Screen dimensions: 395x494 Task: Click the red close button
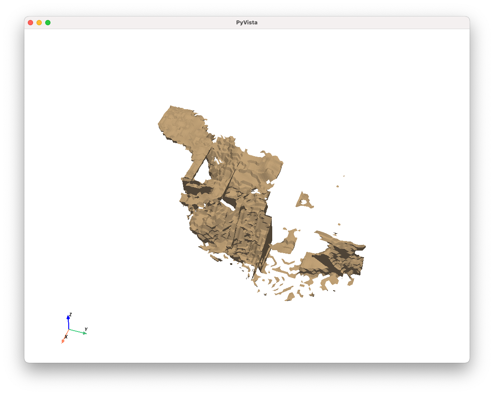pos(30,23)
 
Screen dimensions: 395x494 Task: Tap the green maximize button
pos(48,23)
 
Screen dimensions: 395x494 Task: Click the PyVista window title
pos(247,23)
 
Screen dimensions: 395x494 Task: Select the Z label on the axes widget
pos(70,315)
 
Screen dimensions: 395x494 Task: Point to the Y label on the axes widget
pos(86,329)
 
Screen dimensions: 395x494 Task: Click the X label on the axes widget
pos(66,337)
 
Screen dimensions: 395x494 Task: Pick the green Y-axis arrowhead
pos(84,333)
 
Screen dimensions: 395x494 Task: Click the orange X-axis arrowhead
pos(63,341)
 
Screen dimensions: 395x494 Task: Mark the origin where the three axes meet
pos(69,329)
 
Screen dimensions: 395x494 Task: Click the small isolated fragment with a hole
pos(304,201)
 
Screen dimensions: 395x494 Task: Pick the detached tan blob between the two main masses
pos(286,241)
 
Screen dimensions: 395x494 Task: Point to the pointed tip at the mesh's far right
pos(364,247)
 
